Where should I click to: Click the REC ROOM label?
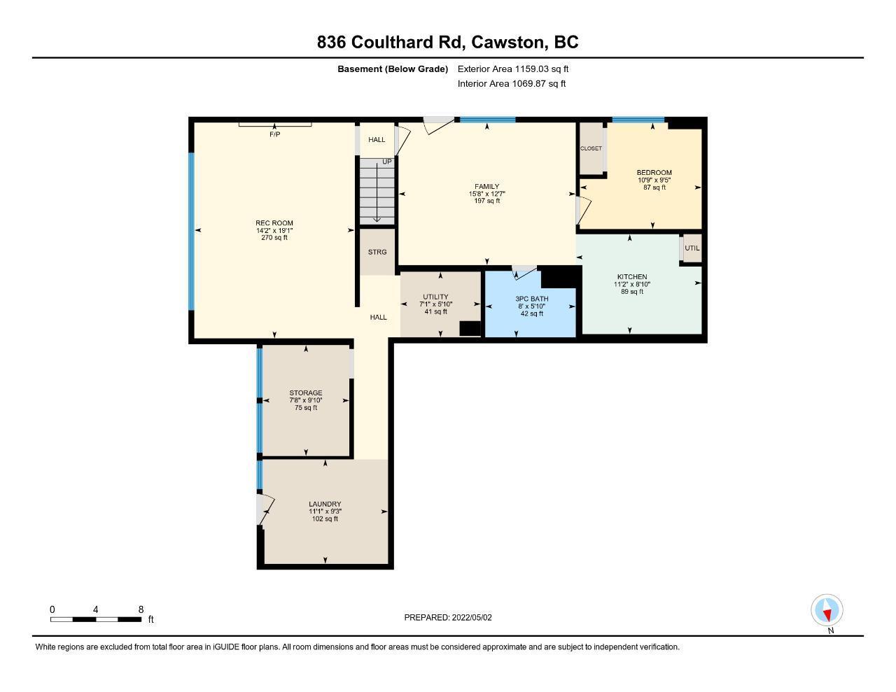point(274,223)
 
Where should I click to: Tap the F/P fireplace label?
point(274,134)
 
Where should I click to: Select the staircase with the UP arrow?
point(377,191)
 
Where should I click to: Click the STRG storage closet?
point(377,252)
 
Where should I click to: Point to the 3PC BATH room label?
point(532,299)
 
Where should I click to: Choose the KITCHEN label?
point(632,277)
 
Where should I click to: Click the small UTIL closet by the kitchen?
point(692,248)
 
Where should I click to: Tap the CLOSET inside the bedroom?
point(591,148)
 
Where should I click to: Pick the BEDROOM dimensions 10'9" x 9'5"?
point(654,180)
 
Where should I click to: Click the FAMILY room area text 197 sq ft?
point(487,201)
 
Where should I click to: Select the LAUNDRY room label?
point(325,504)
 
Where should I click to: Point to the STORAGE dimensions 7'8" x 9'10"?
point(305,400)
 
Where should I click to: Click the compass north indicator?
point(827,610)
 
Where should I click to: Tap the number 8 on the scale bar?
point(141,609)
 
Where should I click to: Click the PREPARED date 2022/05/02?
point(472,617)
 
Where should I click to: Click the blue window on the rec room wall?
point(191,231)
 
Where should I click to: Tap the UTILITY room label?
point(435,297)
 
